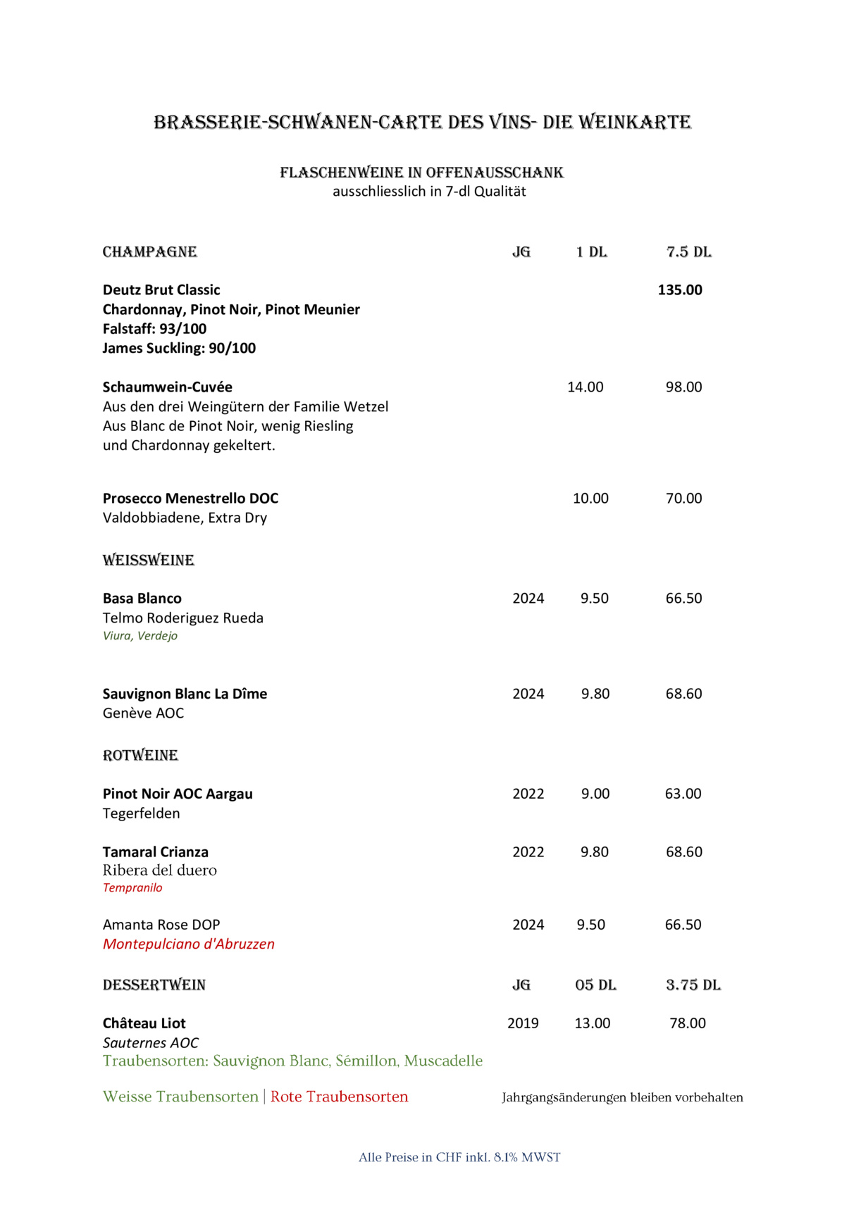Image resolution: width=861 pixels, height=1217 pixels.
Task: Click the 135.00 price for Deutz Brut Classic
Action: pos(680,290)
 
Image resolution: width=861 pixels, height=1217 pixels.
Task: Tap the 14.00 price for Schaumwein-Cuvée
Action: pos(586,387)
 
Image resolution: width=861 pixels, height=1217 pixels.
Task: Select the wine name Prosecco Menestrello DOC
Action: pos(190,499)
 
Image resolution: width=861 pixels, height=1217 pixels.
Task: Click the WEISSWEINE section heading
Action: pos(149,561)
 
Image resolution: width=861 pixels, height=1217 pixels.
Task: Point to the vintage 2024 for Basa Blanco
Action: pos(528,599)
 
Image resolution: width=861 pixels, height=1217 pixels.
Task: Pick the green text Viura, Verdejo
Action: pos(140,636)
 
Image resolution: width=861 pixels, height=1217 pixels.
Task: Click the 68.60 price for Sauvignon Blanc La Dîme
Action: pos(683,694)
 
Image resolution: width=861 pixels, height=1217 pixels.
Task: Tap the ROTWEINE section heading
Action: pos(140,756)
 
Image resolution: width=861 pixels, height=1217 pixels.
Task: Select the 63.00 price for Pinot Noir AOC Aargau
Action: pos(683,794)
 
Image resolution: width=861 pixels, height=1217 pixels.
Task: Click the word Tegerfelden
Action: pos(142,813)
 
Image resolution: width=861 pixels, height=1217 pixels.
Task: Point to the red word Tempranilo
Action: pos(132,888)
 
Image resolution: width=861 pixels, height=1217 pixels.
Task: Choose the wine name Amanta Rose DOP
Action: pos(161,925)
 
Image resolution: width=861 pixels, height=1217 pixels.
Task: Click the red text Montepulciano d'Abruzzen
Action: pos(189,944)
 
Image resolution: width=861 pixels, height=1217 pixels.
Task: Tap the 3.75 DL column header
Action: pos(693,985)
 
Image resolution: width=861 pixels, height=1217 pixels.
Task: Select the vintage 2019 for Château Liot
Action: pos(523,1023)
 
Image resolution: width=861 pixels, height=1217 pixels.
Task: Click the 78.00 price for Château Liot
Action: pos(687,1023)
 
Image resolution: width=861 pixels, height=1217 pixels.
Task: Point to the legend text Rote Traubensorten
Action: pos(340,1097)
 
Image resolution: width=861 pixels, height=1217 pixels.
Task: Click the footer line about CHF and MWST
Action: pos(459,1157)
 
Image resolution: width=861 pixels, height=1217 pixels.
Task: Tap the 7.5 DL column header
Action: pos(689,252)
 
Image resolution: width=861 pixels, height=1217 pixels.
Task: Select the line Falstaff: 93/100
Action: pos(154,329)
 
